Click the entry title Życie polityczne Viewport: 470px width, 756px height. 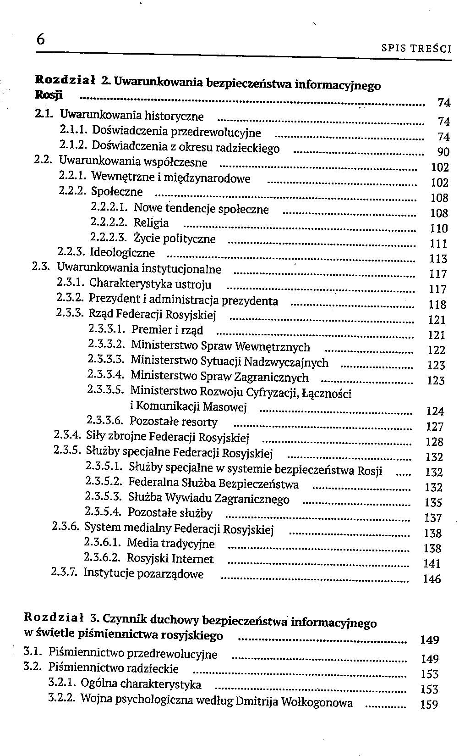(x=175, y=239)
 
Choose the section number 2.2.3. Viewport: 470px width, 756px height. (x=72, y=252)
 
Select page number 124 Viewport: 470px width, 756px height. (x=435, y=411)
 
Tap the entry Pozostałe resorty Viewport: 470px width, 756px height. (x=174, y=421)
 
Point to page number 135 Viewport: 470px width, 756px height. (x=433, y=502)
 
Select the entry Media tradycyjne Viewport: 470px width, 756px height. (x=170, y=544)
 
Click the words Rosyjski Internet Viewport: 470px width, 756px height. (x=170, y=559)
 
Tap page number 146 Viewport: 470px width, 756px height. (x=432, y=579)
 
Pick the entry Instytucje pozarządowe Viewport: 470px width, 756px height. (x=143, y=574)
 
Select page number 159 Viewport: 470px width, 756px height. (x=429, y=704)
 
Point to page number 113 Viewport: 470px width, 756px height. (x=438, y=259)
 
